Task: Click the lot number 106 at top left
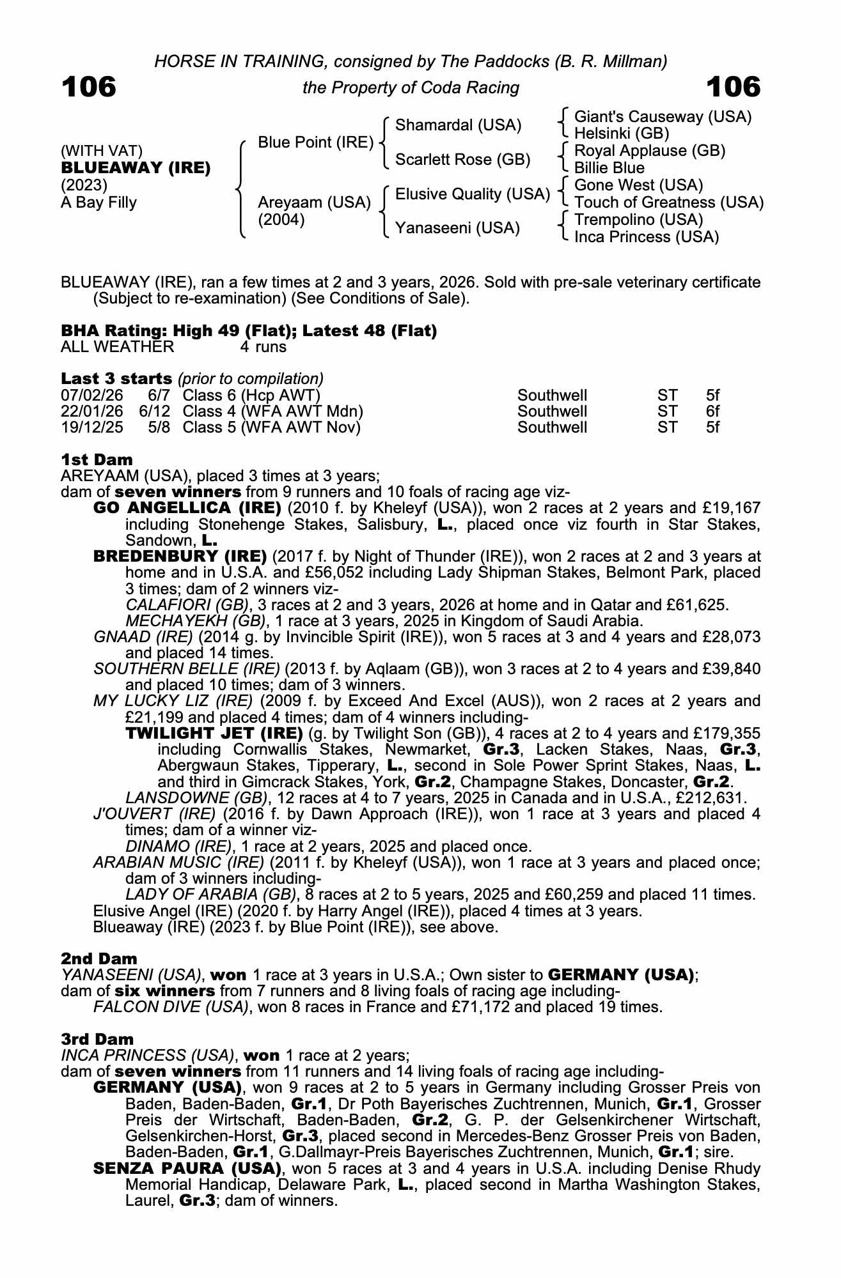[x=89, y=87]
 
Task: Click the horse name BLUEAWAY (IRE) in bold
[x=136, y=168]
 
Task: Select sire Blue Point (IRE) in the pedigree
[x=315, y=142]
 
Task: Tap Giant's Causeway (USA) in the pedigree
[x=663, y=117]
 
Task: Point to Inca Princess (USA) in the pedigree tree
[x=646, y=237]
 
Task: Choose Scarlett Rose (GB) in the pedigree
[x=462, y=160]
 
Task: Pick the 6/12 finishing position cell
[x=154, y=412]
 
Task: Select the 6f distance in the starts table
[x=712, y=412]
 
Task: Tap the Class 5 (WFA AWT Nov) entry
[x=271, y=427]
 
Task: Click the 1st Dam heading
[x=97, y=459]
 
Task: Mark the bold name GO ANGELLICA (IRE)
[x=187, y=508]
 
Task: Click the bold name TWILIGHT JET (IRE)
[x=214, y=733]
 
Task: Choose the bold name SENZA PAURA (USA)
[x=187, y=1169]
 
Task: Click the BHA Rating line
[x=249, y=331]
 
